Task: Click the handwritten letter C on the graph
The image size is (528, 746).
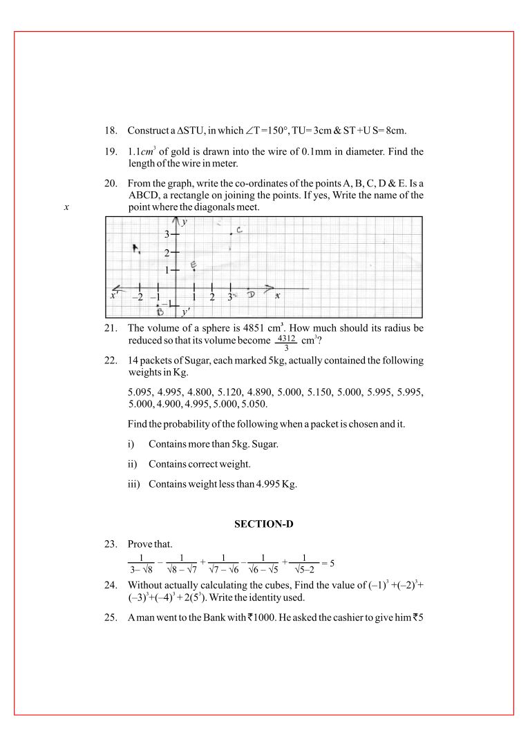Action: coord(238,229)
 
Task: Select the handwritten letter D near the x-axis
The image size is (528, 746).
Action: coord(251,294)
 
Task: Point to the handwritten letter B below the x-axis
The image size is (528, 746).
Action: coord(160,312)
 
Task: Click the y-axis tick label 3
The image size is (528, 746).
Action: coord(167,236)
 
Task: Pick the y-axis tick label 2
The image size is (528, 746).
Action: coord(167,254)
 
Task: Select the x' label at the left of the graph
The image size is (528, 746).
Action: coord(115,296)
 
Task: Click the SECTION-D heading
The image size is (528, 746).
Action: coord(264,524)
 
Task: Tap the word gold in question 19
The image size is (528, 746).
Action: coord(182,151)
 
